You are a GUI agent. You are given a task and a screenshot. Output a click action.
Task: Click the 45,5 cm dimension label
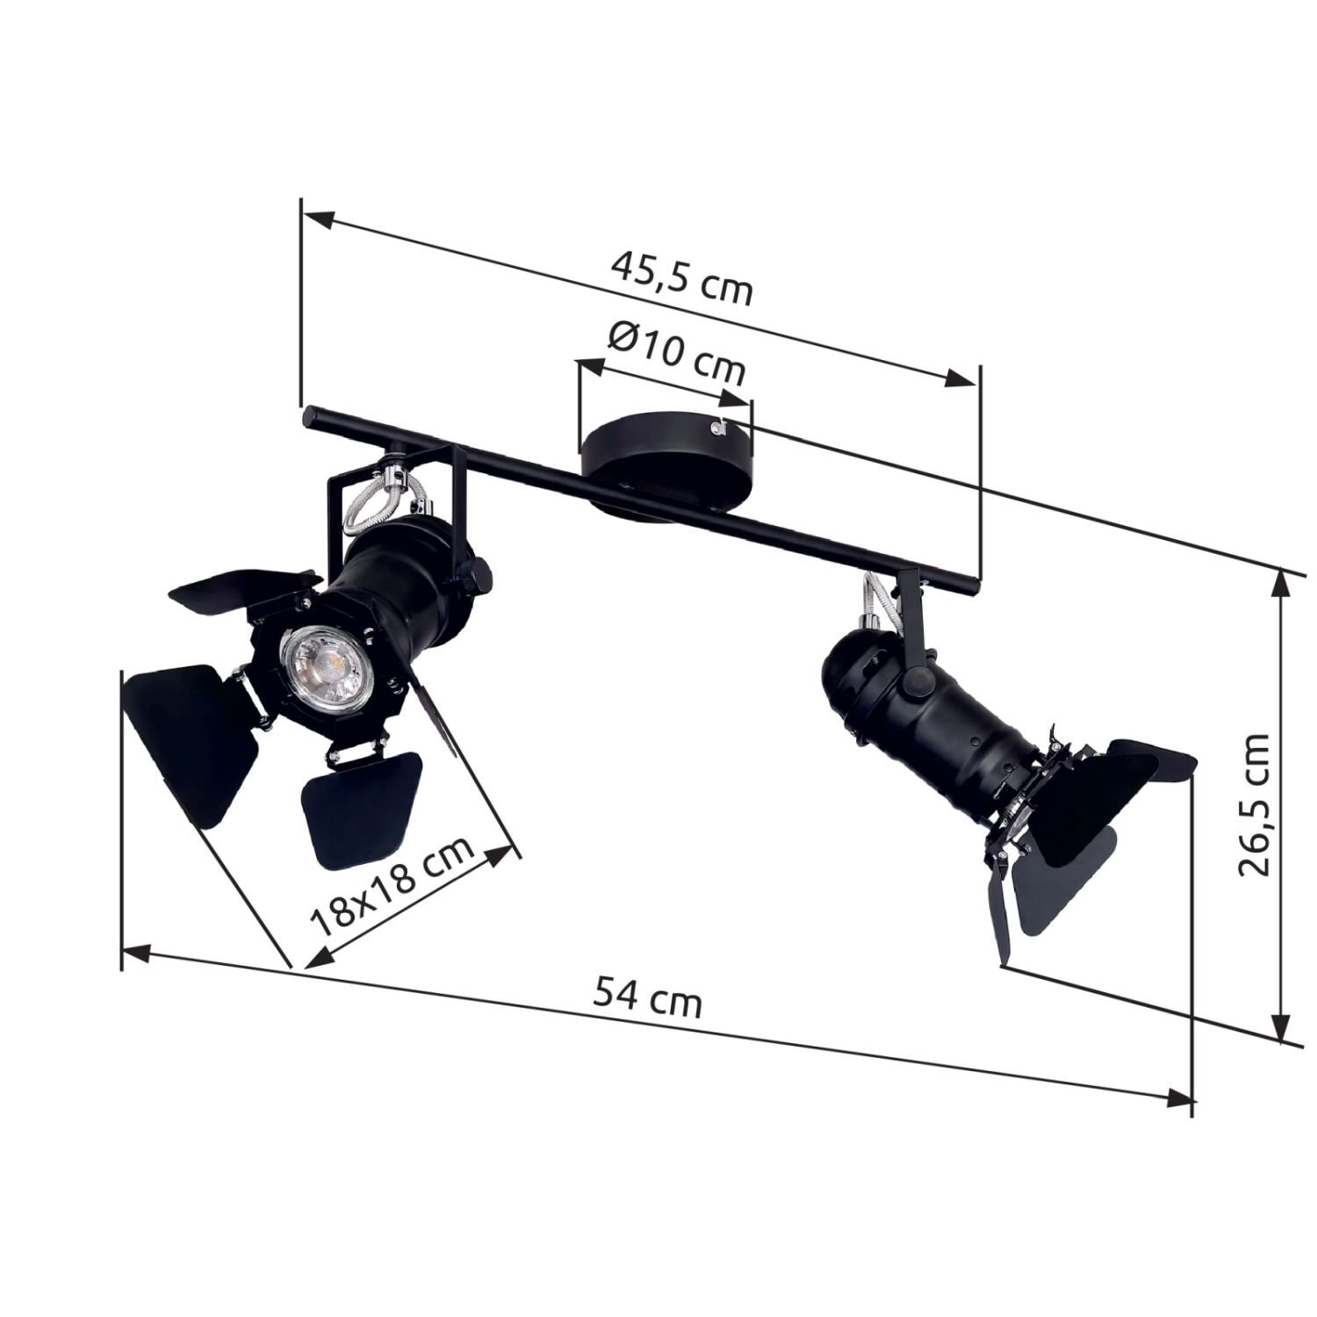pos(682,277)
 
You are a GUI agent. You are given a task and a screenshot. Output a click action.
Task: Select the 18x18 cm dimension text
pos(392,883)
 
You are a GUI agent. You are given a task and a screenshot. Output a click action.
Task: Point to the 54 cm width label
pos(648,998)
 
